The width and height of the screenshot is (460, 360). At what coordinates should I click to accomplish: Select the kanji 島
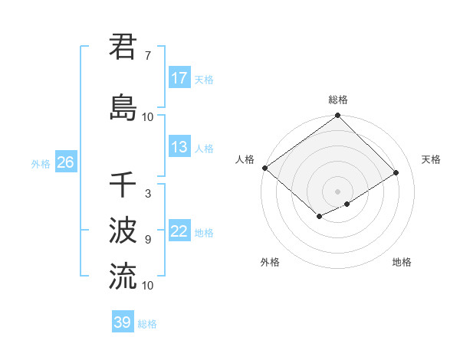coord(123,106)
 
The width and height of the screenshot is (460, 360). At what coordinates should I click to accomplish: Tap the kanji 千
coord(123,185)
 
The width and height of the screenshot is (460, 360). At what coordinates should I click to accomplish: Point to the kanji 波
coord(123,230)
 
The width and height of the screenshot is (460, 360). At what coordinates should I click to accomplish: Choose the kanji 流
coord(123,275)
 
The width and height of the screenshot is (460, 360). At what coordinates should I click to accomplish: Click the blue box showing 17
coord(179,78)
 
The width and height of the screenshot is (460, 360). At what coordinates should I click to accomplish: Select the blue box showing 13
coord(179,147)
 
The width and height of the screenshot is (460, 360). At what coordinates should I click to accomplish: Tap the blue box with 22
coord(179,232)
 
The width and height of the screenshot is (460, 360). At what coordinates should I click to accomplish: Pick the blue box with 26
coord(65,162)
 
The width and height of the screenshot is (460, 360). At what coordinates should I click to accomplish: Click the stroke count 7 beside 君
coord(147,56)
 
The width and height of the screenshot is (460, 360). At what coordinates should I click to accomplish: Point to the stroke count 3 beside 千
coord(147,195)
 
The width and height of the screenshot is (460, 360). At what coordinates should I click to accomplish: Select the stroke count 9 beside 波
coord(147,240)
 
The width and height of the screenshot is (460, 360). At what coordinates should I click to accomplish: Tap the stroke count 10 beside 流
coord(147,285)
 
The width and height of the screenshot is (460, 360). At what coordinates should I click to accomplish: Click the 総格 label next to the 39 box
coord(147,324)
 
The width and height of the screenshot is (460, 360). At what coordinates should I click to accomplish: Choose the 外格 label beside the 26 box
coord(41,164)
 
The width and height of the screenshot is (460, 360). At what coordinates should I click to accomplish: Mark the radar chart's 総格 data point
coord(337,116)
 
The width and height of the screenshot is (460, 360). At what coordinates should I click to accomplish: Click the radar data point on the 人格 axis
coord(264,168)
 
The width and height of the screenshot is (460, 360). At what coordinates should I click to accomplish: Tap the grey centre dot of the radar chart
coord(337,190)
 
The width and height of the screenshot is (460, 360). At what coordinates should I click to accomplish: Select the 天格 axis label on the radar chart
coord(431,159)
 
